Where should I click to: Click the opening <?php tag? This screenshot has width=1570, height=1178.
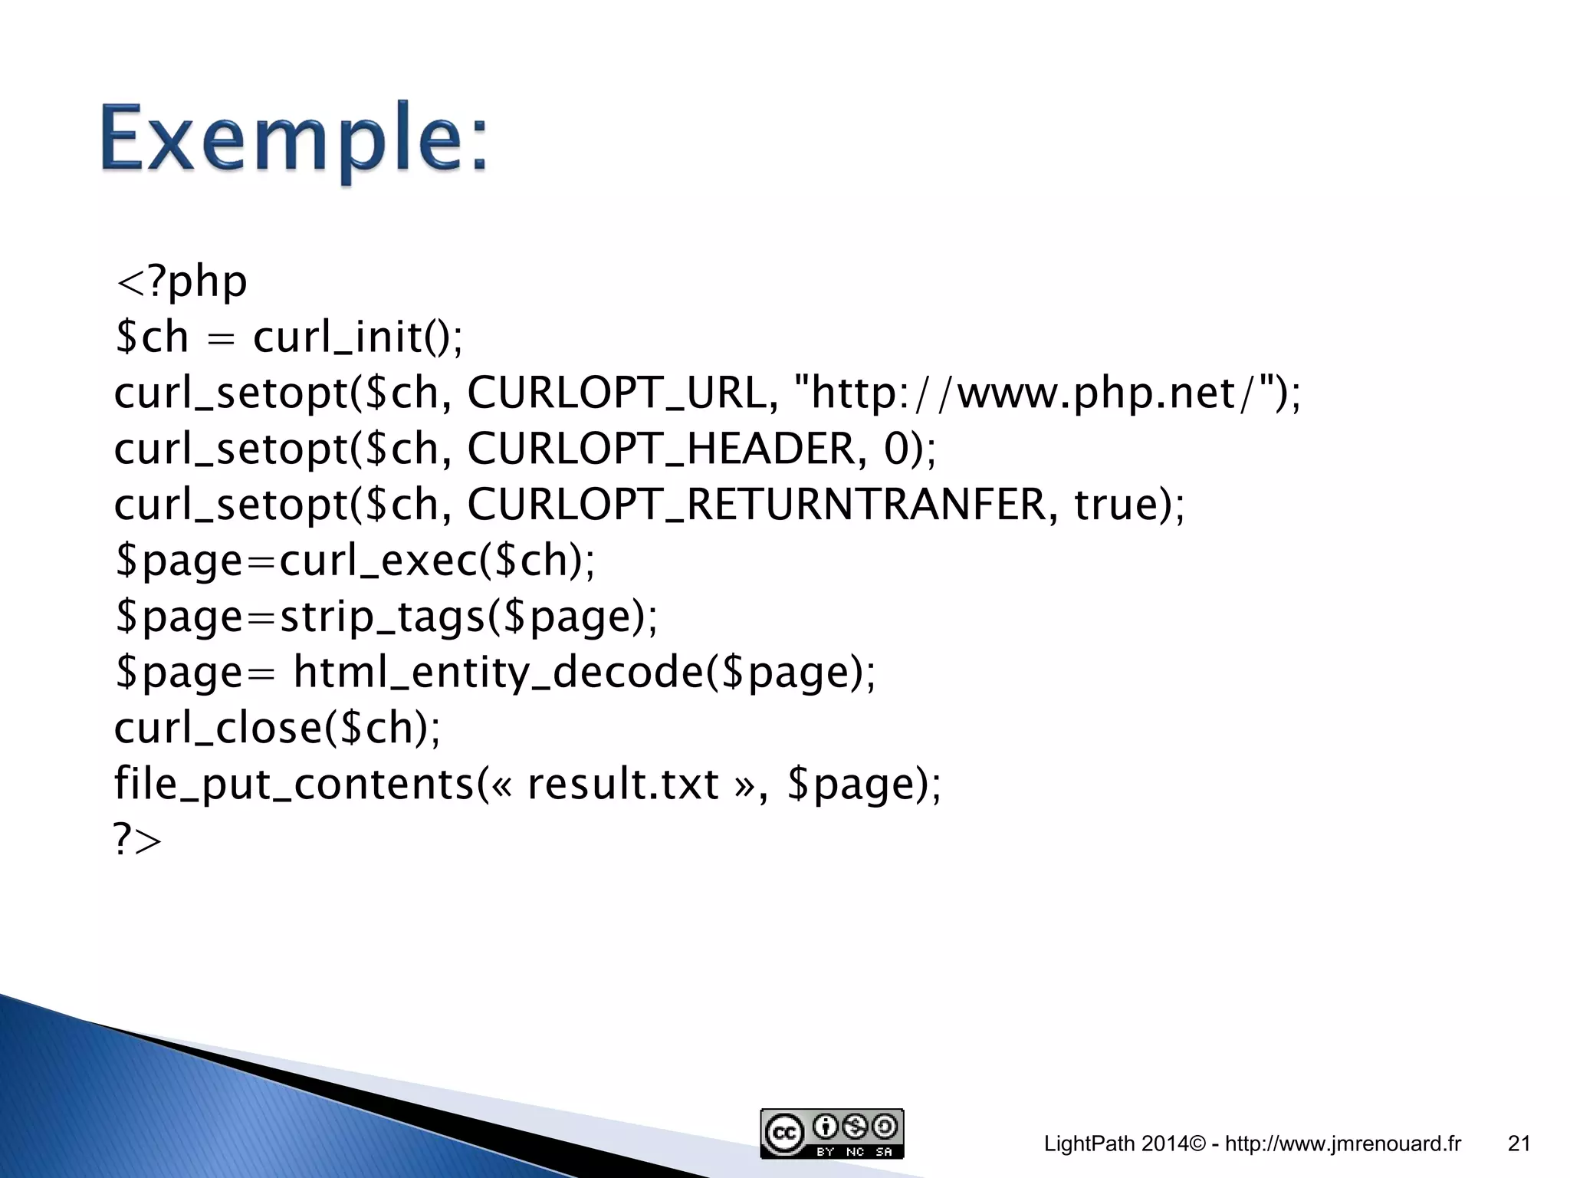[x=181, y=281]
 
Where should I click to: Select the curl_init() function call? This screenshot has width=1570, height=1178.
[x=357, y=337]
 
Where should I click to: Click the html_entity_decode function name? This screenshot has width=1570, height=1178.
[x=498, y=673]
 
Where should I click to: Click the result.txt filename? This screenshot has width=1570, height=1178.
[x=622, y=784]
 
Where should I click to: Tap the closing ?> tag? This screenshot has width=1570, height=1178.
[x=138, y=840]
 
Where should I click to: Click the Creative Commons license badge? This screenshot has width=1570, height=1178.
[x=832, y=1134]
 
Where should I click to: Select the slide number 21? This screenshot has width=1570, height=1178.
[x=1519, y=1144]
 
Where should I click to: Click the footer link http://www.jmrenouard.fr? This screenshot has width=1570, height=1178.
[x=1343, y=1144]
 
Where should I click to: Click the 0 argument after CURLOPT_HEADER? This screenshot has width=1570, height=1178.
[x=895, y=449]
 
